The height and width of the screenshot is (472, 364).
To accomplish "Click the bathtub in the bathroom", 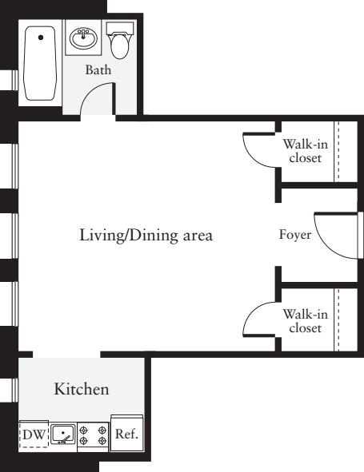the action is (x=40, y=63).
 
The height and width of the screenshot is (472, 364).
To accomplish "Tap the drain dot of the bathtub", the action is (x=41, y=38).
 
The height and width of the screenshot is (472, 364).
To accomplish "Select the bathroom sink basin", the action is (x=83, y=38).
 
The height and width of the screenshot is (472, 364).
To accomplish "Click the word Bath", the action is (x=98, y=69).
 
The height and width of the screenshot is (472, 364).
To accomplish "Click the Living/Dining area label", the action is (x=146, y=235).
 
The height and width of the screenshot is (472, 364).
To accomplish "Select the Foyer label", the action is (x=295, y=235).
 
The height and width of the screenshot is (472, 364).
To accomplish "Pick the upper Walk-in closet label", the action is (x=305, y=151).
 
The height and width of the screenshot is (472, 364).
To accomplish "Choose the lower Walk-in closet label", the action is (x=305, y=321).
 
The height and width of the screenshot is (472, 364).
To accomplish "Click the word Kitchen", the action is (x=82, y=389).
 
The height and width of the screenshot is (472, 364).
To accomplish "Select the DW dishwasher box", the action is (x=34, y=434).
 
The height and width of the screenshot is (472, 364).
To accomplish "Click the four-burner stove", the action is (x=93, y=436).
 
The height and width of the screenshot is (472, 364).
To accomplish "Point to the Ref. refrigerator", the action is (x=126, y=434).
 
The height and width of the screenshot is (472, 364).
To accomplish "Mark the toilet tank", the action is (x=120, y=28).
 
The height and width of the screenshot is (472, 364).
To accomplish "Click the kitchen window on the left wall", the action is (x=15, y=390).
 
